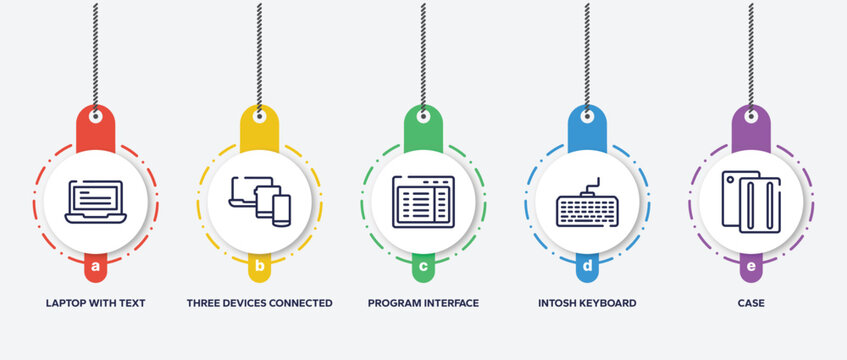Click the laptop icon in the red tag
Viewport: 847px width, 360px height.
[x=95, y=201]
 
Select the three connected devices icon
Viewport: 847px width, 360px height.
[x=260, y=200]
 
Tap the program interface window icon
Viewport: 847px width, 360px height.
[x=423, y=201]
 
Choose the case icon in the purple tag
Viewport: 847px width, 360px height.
[x=751, y=201]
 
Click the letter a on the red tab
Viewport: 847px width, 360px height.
[x=96, y=267]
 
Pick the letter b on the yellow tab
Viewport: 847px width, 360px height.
[x=260, y=267]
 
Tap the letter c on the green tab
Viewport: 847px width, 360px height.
[x=423, y=267]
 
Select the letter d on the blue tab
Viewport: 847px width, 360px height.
[x=587, y=267]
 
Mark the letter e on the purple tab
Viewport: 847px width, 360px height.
[x=751, y=267]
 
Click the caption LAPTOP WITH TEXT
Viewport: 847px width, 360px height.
[x=95, y=302]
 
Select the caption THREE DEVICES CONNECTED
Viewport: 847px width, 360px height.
[x=260, y=302]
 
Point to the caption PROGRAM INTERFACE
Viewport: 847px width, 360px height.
[x=423, y=302]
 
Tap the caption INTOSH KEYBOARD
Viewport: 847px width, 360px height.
[x=587, y=302]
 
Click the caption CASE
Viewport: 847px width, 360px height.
[x=751, y=302]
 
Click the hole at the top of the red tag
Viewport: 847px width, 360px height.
[x=96, y=117]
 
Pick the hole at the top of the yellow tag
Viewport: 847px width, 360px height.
[x=259, y=117]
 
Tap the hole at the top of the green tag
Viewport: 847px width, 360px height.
[x=423, y=117]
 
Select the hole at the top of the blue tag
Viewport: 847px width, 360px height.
[x=587, y=117]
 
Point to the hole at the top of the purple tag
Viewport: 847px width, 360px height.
[x=751, y=117]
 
